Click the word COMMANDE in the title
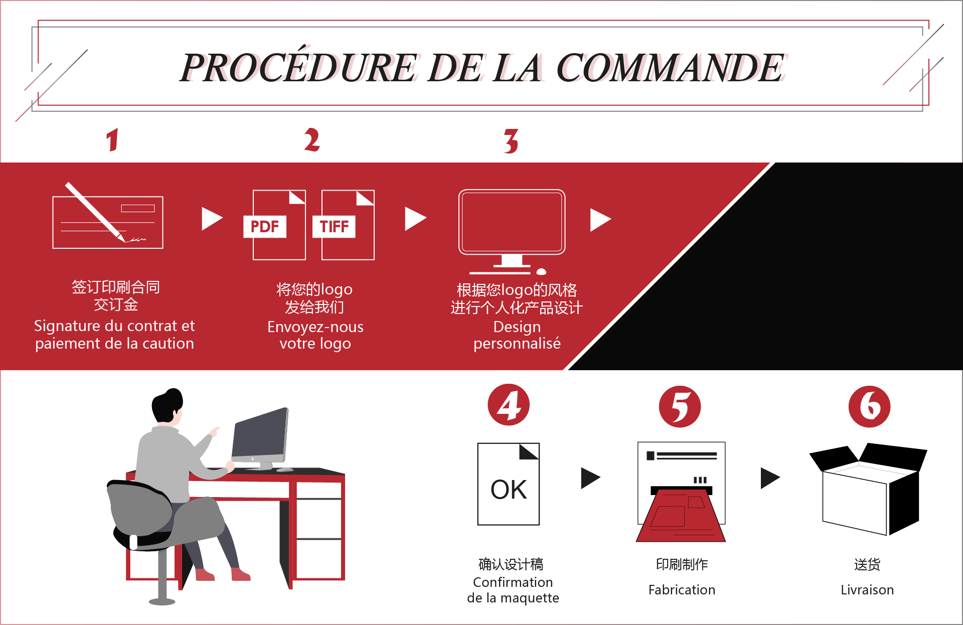click(x=670, y=68)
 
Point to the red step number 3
click(x=511, y=141)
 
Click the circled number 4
click(x=509, y=405)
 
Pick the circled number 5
click(x=680, y=406)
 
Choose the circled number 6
click(x=869, y=406)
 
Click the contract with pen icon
click(x=108, y=216)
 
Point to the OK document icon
click(x=509, y=484)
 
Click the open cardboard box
click(x=868, y=489)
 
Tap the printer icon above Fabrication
click(x=681, y=492)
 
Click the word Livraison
click(x=867, y=590)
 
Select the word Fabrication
click(x=682, y=590)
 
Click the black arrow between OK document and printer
click(x=591, y=478)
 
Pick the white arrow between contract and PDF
click(x=212, y=219)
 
